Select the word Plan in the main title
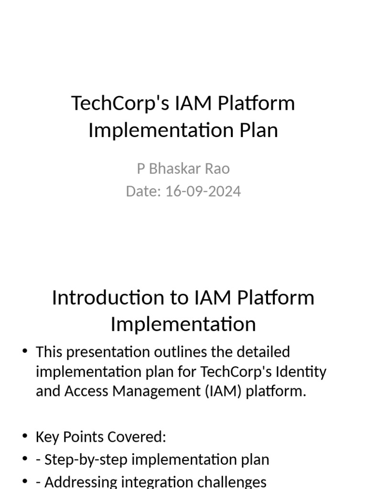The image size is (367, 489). click(259, 130)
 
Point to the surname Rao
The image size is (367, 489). click(218, 169)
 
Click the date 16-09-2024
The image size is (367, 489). click(203, 191)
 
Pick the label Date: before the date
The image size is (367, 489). click(143, 191)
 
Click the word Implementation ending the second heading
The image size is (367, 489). click(183, 324)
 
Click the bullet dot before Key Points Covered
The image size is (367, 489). click(25, 436)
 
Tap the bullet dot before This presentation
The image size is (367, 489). click(25, 352)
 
